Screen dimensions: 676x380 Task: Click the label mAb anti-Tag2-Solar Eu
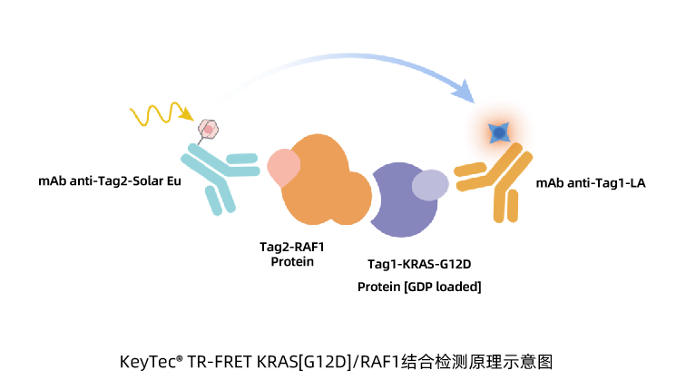110,181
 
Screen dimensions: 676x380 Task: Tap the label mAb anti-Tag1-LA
591,183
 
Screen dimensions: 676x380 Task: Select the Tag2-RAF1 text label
292,247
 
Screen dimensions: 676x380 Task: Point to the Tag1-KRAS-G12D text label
419,264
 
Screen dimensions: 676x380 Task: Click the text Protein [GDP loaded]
419,287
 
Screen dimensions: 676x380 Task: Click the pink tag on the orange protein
283,167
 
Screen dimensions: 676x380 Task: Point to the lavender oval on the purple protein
430,185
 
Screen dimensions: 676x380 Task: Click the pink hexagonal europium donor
208,129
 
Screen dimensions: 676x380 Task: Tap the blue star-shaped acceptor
499,132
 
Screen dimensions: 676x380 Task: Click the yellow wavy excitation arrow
161,114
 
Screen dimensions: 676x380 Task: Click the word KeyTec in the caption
148,362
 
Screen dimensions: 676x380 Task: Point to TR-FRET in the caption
220,362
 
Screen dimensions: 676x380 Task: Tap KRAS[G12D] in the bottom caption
304,362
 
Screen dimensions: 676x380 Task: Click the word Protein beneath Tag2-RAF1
292,261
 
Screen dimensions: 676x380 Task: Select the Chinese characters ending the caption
476,362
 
